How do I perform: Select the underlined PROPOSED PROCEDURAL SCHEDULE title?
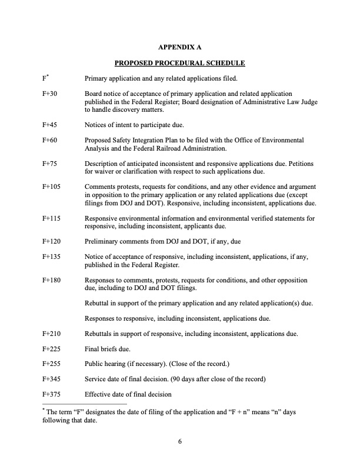[179, 62]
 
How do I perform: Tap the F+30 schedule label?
[49, 94]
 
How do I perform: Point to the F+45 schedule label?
[49, 125]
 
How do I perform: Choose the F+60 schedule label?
[49, 140]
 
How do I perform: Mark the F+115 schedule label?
[51, 218]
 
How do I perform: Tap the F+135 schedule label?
[51, 257]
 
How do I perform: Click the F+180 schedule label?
[51, 280]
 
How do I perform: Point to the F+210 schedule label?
[51, 334]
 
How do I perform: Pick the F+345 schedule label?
[51, 379]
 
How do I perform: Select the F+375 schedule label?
[51, 394]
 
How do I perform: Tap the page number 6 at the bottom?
[180, 442]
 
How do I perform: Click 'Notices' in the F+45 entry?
[96, 125]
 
